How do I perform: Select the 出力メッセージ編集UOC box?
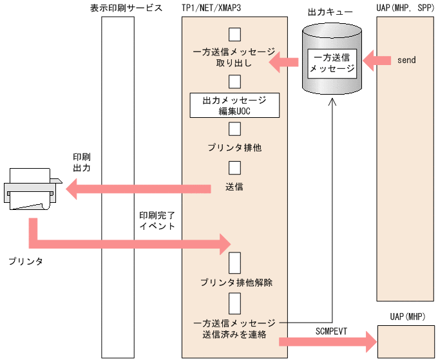coord(234,106)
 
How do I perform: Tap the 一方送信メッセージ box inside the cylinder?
coord(331,62)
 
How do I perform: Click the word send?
coord(406,61)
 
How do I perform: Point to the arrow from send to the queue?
coord(377,61)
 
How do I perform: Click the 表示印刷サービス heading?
coord(126,8)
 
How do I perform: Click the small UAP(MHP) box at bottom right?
coord(406,340)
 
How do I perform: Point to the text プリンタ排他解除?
coord(236,283)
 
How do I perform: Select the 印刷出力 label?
coord(82,162)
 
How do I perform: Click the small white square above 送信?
coord(234,167)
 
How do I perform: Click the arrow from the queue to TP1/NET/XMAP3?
coord(283,62)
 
